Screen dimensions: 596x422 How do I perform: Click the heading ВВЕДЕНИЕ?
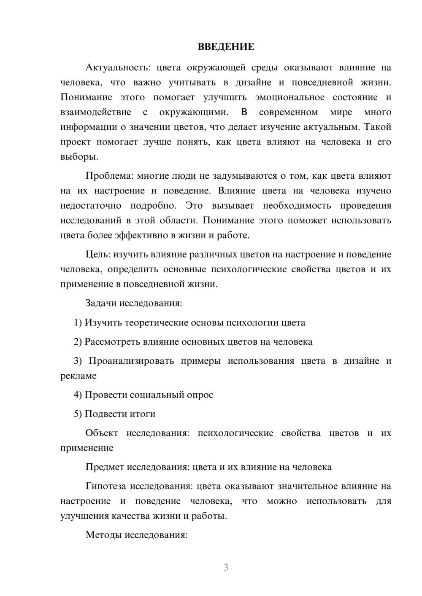point(226,47)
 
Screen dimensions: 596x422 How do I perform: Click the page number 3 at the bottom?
point(226,567)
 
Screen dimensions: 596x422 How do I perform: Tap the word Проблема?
point(109,176)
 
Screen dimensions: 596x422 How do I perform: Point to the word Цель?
point(97,254)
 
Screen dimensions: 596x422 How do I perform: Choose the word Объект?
point(102,433)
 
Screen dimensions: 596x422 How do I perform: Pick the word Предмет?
point(105,467)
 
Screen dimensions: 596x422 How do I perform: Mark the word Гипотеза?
point(105,486)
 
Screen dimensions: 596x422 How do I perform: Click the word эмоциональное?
point(290,97)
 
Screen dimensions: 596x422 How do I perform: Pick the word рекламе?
point(78,376)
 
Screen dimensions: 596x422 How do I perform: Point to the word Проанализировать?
point(131,361)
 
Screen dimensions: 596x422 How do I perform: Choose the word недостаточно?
point(91,206)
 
